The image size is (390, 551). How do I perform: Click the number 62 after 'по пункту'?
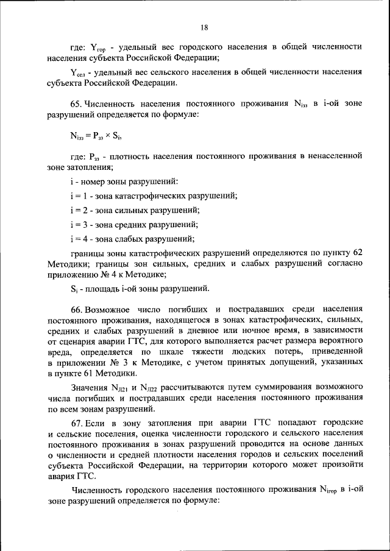357,252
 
